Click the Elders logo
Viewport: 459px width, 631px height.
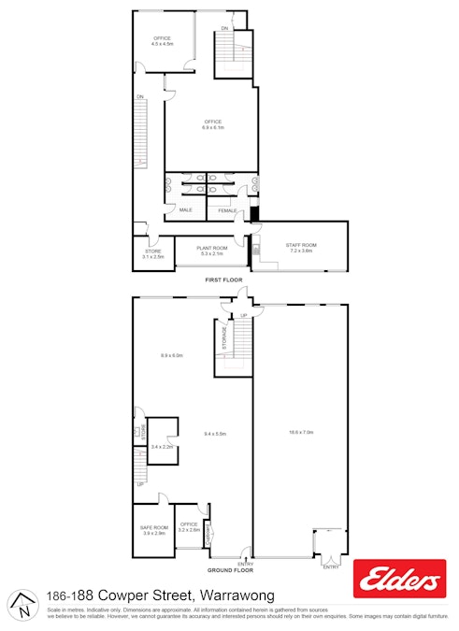pos(396,582)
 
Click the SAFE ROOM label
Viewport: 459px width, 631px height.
pos(153,530)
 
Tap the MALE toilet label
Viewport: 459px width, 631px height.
pos(185,210)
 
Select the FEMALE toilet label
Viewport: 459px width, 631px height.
pos(227,211)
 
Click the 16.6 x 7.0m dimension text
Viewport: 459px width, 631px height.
pos(300,432)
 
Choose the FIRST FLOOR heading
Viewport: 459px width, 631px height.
pos(224,280)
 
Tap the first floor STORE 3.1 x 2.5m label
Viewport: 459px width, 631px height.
pos(153,253)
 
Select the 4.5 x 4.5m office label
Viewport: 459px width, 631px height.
pos(163,41)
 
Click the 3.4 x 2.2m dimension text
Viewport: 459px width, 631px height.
pos(163,448)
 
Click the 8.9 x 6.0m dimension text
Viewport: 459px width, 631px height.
pos(172,355)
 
